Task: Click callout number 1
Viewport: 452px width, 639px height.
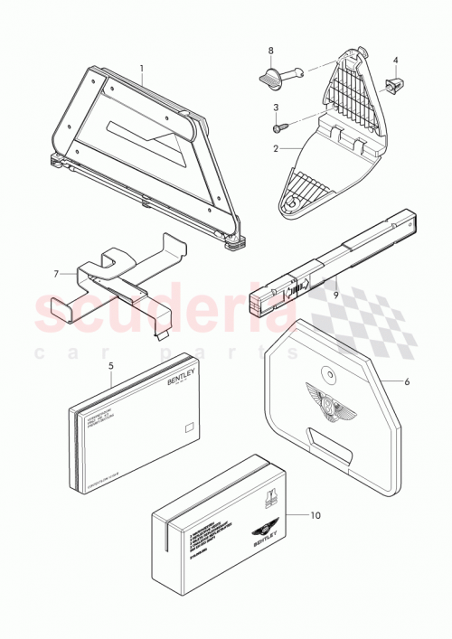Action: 141,69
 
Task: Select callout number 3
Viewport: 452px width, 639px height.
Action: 274,109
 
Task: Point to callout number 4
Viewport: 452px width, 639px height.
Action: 395,61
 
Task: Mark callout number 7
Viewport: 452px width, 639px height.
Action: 56,273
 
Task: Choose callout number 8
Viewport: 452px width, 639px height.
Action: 269,52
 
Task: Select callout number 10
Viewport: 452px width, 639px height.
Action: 314,516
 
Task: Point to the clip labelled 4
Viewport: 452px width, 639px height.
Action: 394,86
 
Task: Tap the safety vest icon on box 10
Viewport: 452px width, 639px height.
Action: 269,496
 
